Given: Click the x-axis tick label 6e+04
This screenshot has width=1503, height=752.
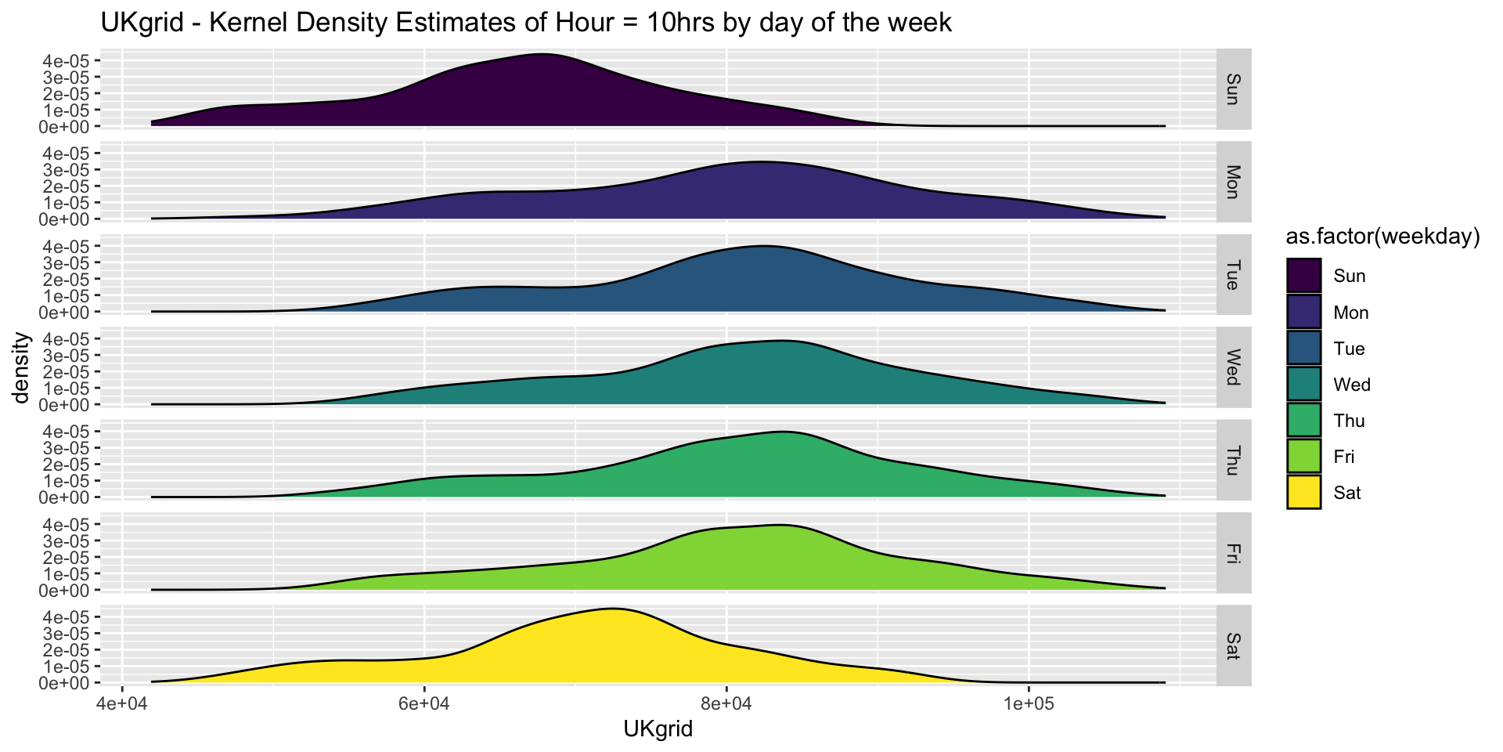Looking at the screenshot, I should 424,703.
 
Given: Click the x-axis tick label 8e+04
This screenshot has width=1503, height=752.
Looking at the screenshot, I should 726,703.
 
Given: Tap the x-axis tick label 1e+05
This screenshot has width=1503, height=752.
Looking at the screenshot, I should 1028,703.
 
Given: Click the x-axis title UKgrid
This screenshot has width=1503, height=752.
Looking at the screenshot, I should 658,730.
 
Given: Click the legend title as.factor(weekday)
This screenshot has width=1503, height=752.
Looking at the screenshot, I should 1382,238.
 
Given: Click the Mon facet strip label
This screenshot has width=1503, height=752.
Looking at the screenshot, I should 1233,182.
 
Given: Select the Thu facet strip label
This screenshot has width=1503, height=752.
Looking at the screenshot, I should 1233,460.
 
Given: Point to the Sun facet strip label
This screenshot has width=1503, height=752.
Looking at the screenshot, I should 1233,89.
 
